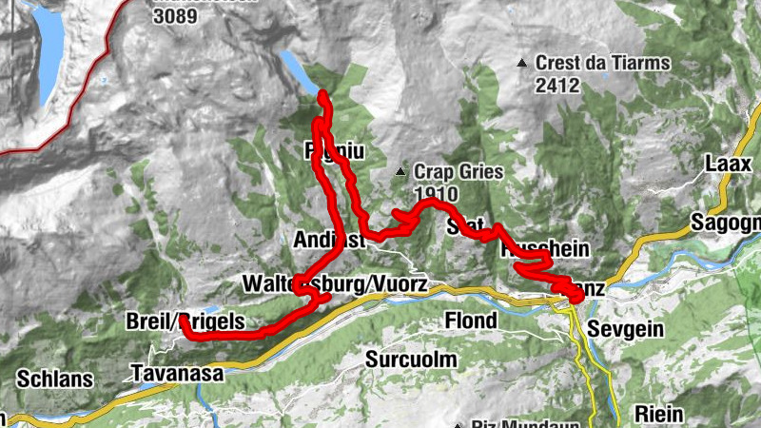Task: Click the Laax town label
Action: coord(729,164)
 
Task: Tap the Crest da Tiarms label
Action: coord(603,64)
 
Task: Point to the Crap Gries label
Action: coord(457,172)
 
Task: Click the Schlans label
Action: coord(54,379)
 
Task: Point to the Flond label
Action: coord(471,321)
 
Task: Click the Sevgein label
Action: coord(623,329)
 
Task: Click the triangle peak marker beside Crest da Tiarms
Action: coord(521,64)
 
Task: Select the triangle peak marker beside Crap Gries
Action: coord(401,173)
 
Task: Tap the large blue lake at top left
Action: coord(47,52)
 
